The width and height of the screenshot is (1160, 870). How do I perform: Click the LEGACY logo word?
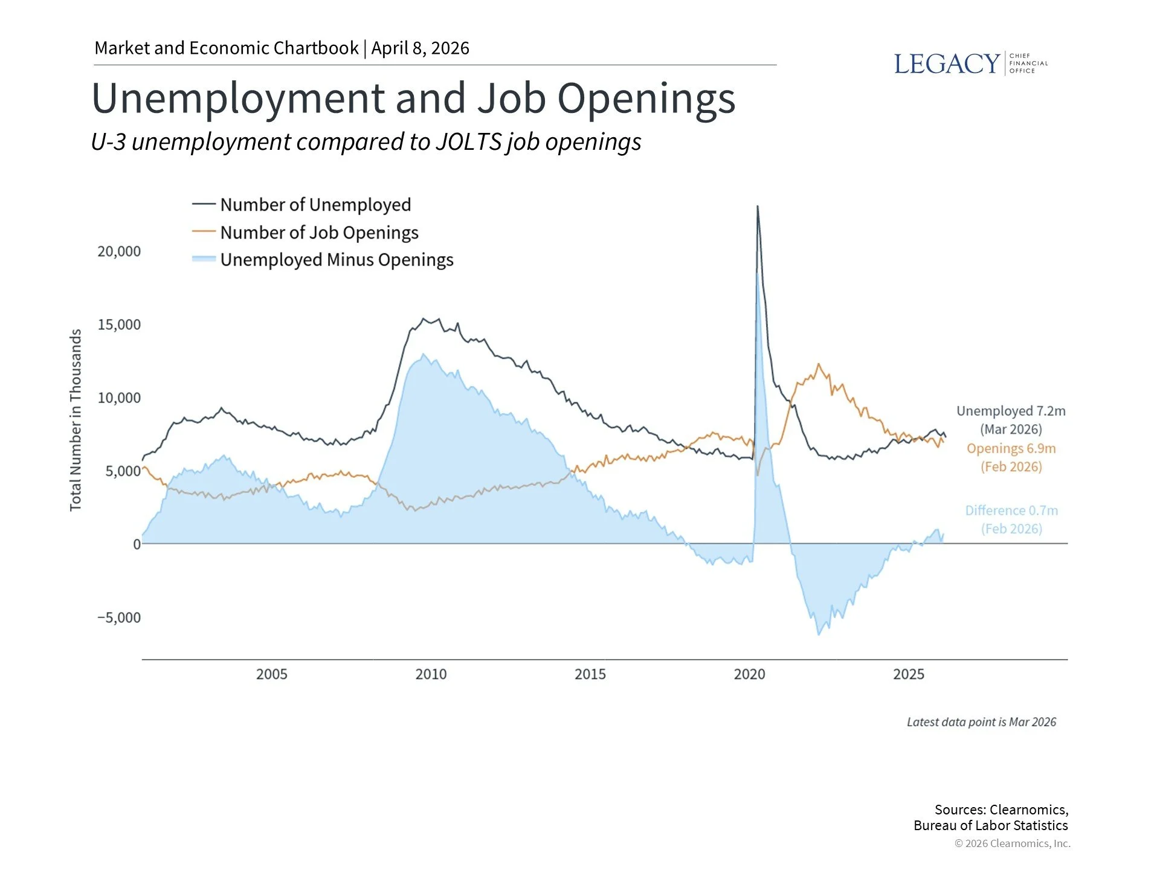pyautogui.click(x=946, y=64)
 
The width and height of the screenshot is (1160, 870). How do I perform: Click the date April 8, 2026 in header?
pyautogui.click(x=420, y=48)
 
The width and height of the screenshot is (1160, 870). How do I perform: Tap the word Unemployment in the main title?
pyautogui.click(x=239, y=98)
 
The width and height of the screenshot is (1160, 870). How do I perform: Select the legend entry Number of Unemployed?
pyautogui.click(x=315, y=205)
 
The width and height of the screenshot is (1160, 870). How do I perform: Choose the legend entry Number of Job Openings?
pyautogui.click(x=319, y=233)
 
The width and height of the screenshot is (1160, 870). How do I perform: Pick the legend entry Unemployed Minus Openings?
pyautogui.click(x=337, y=260)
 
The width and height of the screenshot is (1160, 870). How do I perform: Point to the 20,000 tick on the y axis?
pyautogui.click(x=119, y=251)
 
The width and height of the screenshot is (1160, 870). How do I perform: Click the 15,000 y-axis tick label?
pyautogui.click(x=119, y=324)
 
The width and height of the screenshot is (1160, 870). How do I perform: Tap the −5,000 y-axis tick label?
pyautogui.click(x=119, y=617)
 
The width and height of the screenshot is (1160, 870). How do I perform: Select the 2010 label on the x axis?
pyautogui.click(x=431, y=674)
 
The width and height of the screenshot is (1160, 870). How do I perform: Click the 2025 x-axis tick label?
pyautogui.click(x=909, y=674)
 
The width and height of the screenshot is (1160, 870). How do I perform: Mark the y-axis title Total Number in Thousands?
pyautogui.click(x=76, y=420)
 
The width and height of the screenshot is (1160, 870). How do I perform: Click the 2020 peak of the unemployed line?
pyautogui.click(x=758, y=207)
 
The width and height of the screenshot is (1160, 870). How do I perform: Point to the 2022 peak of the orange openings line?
pyautogui.click(x=819, y=364)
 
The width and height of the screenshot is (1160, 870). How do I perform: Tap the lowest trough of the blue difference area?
pyautogui.click(x=819, y=634)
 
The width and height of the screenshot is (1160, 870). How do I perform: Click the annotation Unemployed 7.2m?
pyautogui.click(x=1011, y=411)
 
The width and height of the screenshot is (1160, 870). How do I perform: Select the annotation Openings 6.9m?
pyautogui.click(x=1011, y=448)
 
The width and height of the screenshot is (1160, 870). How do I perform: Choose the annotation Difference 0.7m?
pyautogui.click(x=1011, y=511)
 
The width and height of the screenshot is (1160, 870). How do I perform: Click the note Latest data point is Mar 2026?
pyautogui.click(x=981, y=722)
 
